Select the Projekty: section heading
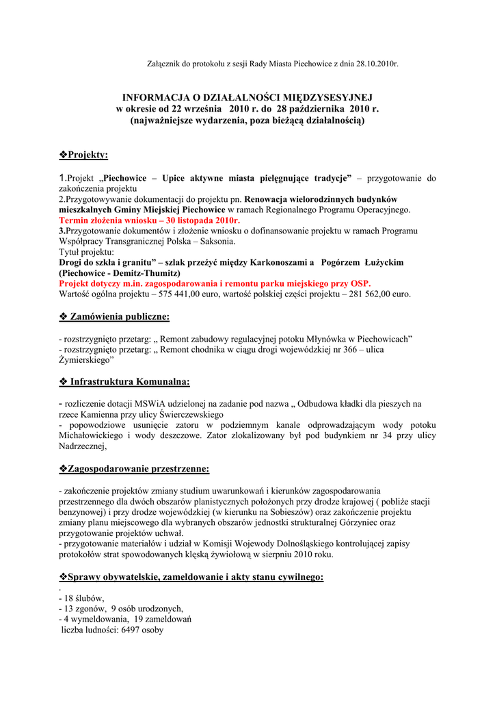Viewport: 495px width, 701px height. (x=88, y=155)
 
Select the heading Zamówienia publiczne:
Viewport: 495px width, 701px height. (x=120, y=316)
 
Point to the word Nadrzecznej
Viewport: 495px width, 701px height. (x=82, y=446)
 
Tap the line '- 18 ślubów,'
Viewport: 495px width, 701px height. (x=81, y=598)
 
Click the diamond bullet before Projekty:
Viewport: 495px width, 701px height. (x=64, y=155)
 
